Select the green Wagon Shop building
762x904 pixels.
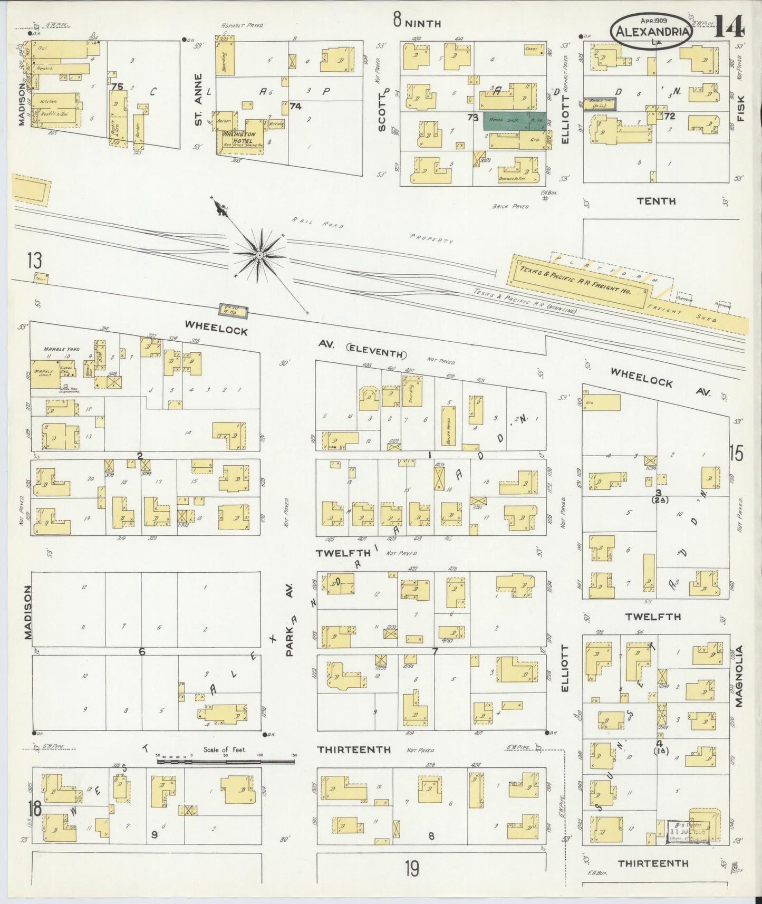[x=507, y=121]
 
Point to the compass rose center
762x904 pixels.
[x=259, y=255]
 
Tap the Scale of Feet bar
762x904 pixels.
[x=226, y=761]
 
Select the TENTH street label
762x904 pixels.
[x=655, y=201]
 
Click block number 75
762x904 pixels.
[x=117, y=87]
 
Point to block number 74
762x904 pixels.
[x=295, y=106]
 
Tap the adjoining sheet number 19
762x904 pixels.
[x=412, y=868]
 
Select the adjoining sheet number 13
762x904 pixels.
[x=35, y=261]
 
